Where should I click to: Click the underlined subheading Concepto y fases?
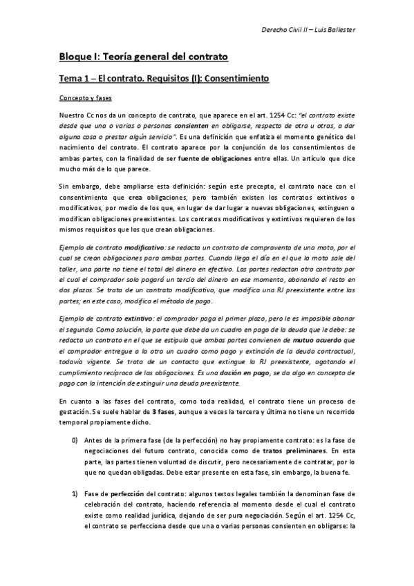pyautogui.click(x=83, y=99)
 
